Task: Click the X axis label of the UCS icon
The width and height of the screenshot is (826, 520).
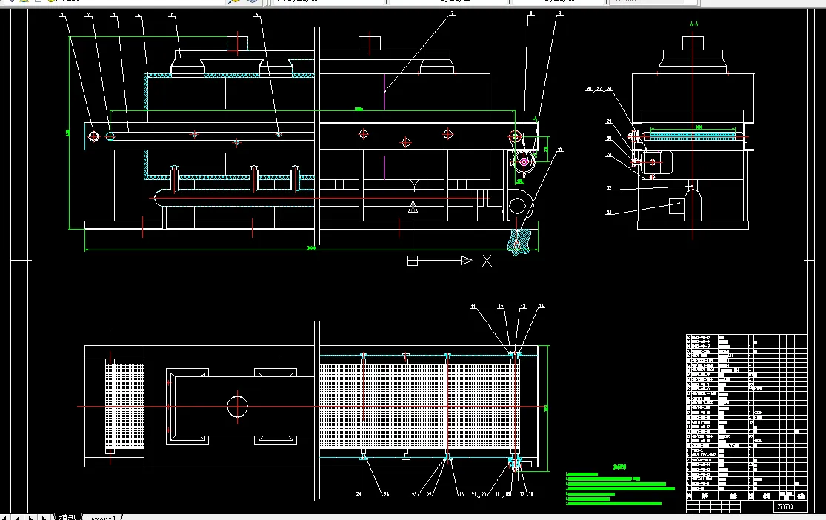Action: [x=487, y=261]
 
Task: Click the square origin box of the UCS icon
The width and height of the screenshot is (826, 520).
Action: [x=413, y=261]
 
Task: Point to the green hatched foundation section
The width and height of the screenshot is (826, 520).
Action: [x=521, y=241]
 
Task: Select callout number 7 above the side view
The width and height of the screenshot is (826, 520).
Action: [x=453, y=15]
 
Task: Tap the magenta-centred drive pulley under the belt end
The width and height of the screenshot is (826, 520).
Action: [x=524, y=161]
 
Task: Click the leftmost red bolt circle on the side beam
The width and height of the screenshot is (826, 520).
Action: [x=93, y=136]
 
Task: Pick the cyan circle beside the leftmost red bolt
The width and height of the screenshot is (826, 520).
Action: [x=110, y=136]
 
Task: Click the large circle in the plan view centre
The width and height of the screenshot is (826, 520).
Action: [x=238, y=406]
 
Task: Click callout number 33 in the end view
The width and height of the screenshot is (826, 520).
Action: [x=609, y=213]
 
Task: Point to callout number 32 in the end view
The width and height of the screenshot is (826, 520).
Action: [x=609, y=188]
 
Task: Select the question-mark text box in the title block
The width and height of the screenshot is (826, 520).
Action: [x=785, y=507]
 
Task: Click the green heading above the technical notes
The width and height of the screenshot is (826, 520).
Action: [x=619, y=467]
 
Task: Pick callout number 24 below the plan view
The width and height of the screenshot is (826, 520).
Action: [x=359, y=494]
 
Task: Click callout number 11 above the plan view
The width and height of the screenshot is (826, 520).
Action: [x=473, y=306]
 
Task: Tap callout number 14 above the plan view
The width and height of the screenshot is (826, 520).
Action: [x=541, y=306]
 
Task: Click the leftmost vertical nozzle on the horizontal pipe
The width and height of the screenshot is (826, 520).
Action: [x=175, y=179]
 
